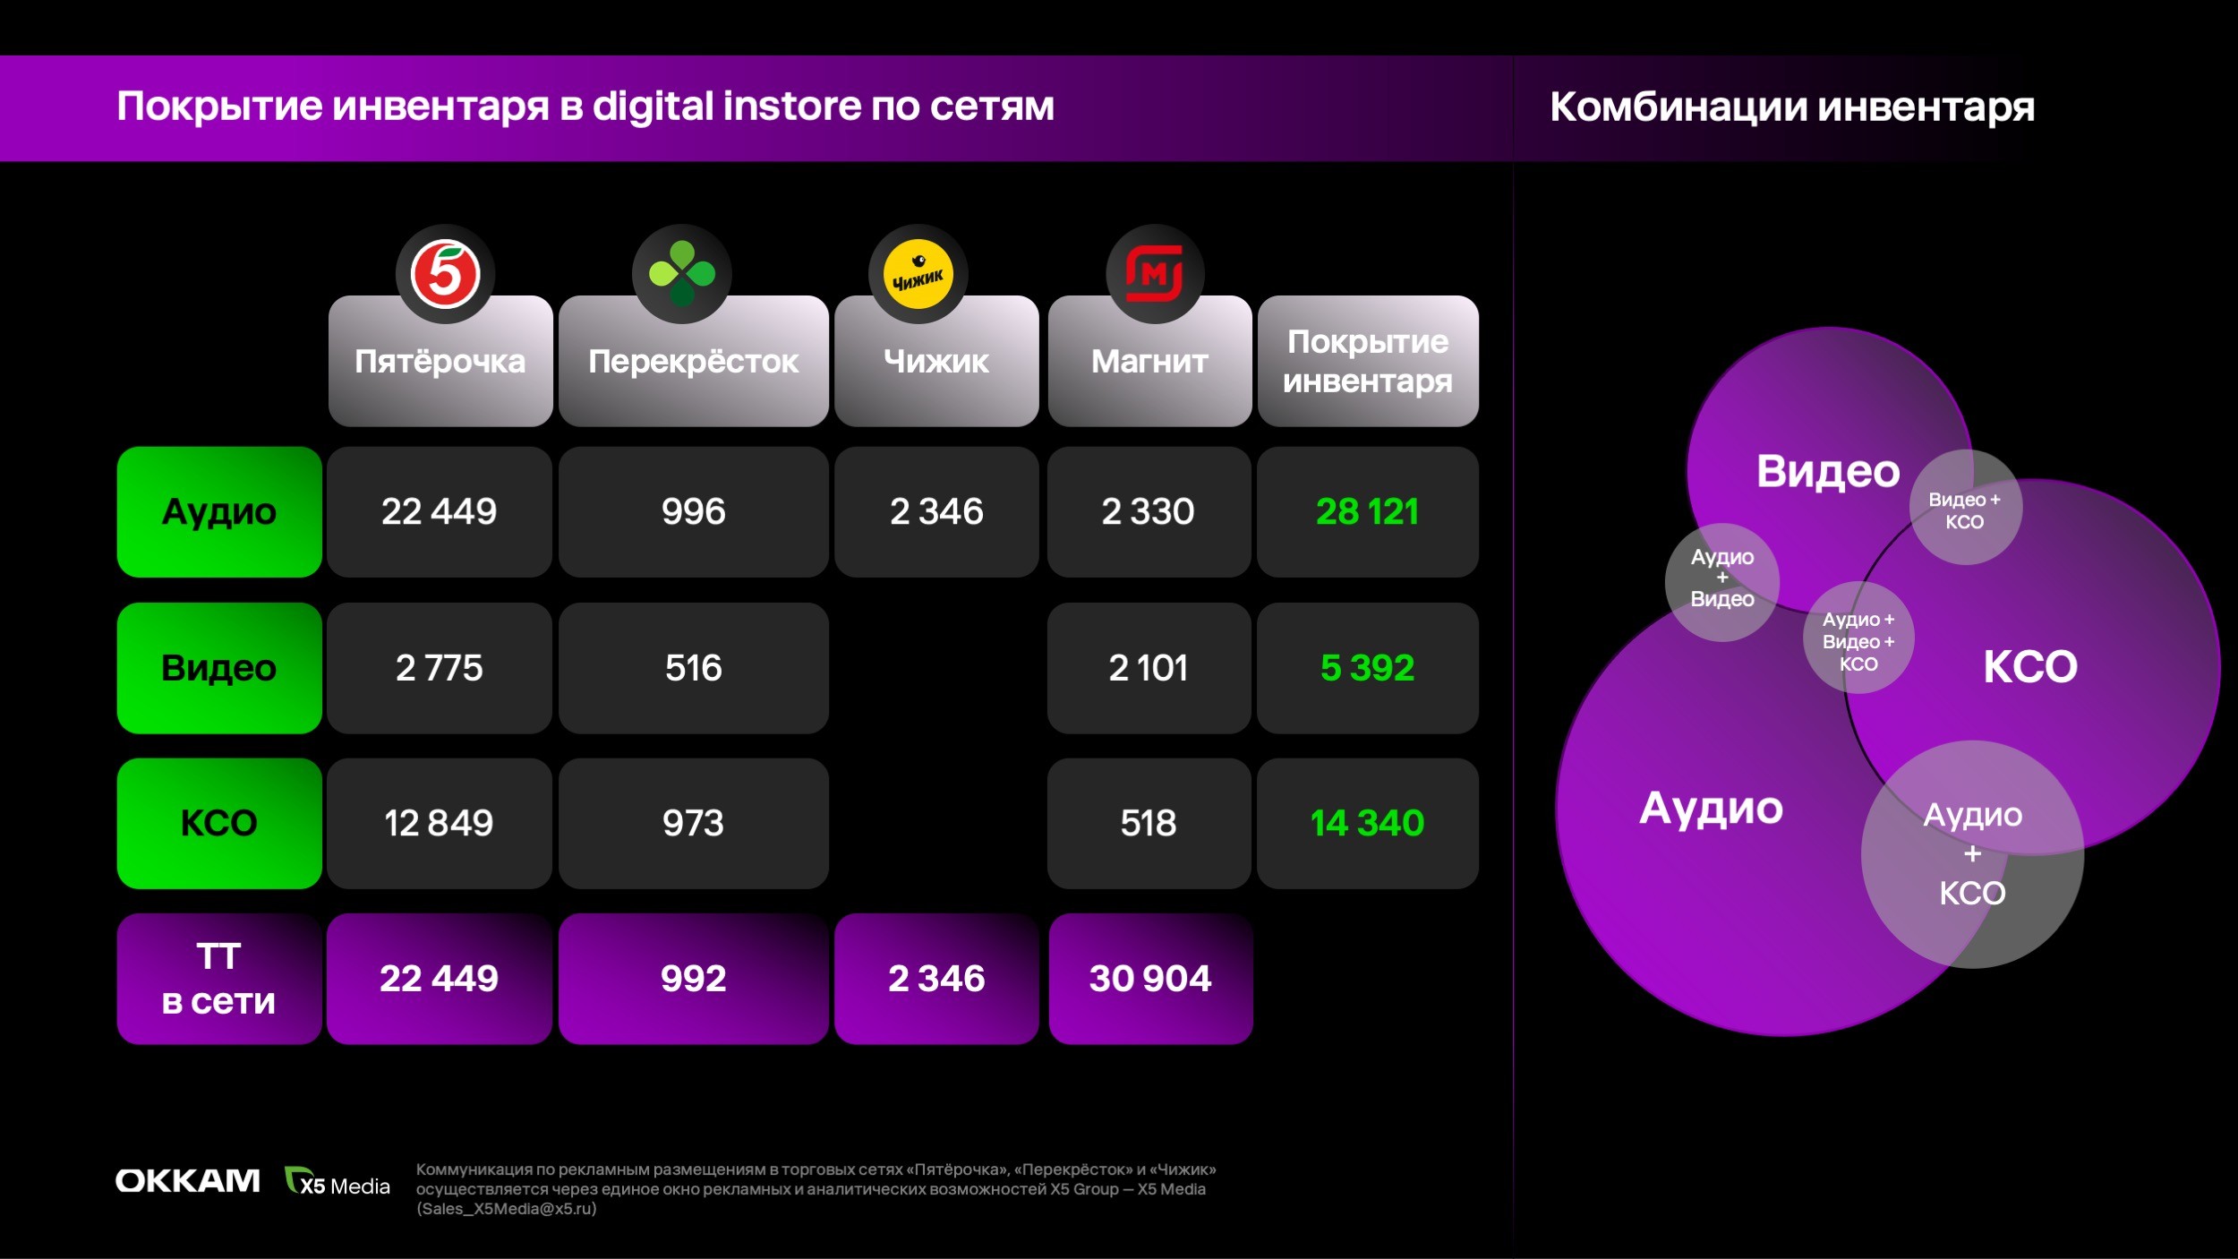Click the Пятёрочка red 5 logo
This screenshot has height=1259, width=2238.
[445, 274]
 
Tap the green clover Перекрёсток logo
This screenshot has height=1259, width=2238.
[682, 274]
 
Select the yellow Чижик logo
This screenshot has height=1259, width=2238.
[918, 274]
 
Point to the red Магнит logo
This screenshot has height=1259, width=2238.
[1155, 274]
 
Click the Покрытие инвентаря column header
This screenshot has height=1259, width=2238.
[1368, 361]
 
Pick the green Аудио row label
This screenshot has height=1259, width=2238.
[219, 512]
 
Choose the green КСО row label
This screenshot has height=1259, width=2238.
[219, 823]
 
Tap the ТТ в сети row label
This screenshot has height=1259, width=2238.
[219, 979]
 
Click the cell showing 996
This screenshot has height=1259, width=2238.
[694, 512]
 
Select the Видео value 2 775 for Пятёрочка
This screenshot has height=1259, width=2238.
[440, 668]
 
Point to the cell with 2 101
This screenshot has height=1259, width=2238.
[1149, 668]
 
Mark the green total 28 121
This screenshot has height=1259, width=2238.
[1368, 512]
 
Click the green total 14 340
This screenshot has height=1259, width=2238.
[1368, 823]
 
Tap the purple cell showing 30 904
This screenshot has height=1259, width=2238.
[1150, 979]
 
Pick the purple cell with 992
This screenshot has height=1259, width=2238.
[694, 979]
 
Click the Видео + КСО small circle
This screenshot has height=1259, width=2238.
[1965, 508]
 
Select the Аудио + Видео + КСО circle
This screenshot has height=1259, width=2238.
[1858, 638]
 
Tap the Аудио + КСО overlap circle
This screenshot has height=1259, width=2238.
[1973, 854]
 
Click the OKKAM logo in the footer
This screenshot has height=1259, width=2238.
[188, 1181]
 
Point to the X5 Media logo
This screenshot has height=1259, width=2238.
[337, 1182]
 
